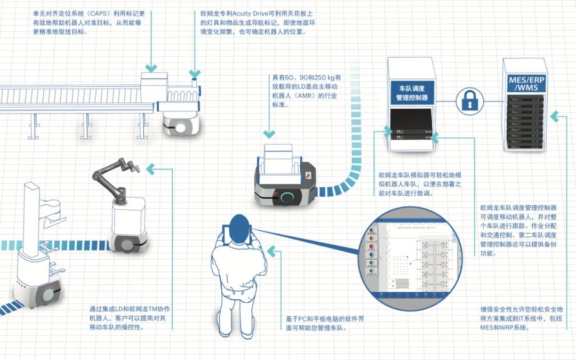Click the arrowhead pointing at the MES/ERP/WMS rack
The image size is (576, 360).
tap(555, 115)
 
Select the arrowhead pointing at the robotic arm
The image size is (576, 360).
tap(151, 170)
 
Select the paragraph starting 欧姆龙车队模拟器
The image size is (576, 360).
tap(420, 184)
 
